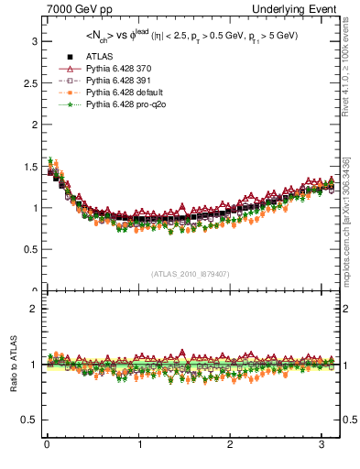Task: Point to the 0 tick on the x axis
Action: click(47, 447)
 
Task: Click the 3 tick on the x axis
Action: click(323, 447)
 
